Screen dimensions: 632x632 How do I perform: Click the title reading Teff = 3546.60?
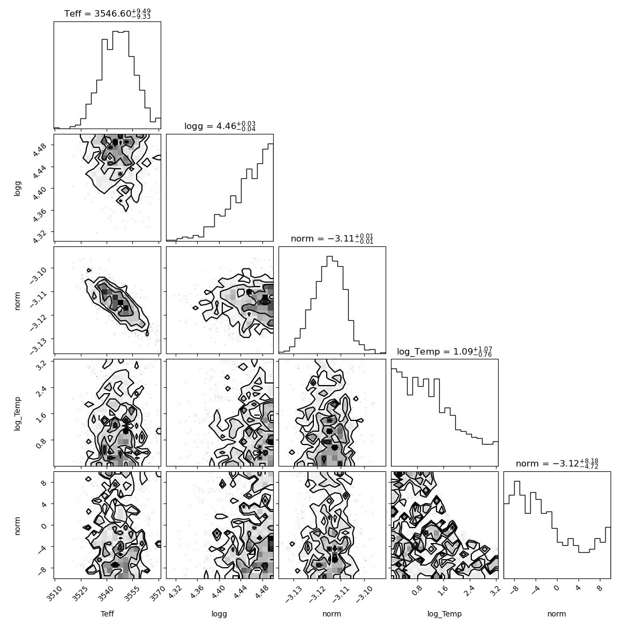(107, 13)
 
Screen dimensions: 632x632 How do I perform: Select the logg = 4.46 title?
(220, 126)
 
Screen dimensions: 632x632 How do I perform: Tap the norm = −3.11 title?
(332, 239)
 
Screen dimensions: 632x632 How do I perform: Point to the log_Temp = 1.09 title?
(444, 351)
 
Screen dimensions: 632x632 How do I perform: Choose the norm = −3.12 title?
(557, 463)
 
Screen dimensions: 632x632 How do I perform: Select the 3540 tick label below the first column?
(106, 594)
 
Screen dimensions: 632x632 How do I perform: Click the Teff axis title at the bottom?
(107, 614)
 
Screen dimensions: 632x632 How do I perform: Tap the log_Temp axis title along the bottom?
(444, 614)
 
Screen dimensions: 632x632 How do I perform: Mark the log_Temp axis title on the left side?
(17, 413)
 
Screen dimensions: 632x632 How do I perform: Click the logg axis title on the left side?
(17, 188)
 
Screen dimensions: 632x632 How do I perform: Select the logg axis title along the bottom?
(219, 614)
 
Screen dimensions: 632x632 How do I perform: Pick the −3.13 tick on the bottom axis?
(293, 594)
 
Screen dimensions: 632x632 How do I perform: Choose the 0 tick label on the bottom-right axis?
(556, 588)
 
